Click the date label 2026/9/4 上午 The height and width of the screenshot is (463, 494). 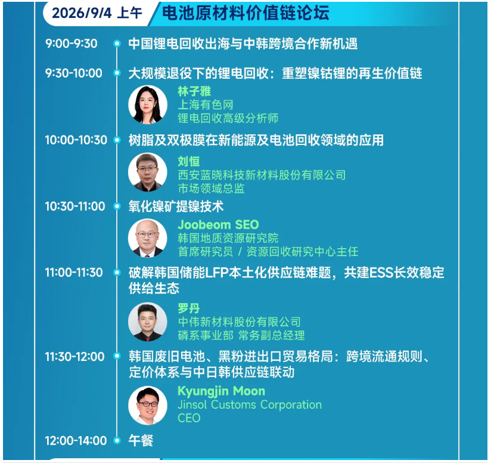pos(97,13)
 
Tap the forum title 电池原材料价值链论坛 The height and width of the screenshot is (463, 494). pos(246,13)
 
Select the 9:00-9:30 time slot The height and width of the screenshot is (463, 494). pos(71,44)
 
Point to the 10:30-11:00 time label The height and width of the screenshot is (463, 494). pos(75,206)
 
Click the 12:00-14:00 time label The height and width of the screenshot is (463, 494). pos(76,440)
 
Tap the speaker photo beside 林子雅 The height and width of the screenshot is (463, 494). pos(148,104)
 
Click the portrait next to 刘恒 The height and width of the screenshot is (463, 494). pos(148,172)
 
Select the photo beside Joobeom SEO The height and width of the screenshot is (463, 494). pos(148,238)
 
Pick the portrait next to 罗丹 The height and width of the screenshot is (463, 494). pos(148,322)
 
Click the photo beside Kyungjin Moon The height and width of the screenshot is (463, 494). pos(148,405)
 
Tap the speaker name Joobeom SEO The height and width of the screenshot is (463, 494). pos(218,225)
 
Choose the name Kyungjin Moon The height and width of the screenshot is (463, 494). pos(222,391)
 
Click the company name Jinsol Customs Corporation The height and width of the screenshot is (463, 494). pos(250,405)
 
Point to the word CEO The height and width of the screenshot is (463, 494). pos(189,418)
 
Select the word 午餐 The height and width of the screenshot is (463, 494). pos(141,440)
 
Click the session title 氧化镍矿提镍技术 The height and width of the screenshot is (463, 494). pos(176,206)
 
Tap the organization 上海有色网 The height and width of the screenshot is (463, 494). pos(206,104)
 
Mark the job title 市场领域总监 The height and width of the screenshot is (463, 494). pos(212,189)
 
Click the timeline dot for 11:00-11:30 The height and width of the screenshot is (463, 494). pos(117,272)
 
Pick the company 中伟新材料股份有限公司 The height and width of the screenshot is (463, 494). pos(240,322)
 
